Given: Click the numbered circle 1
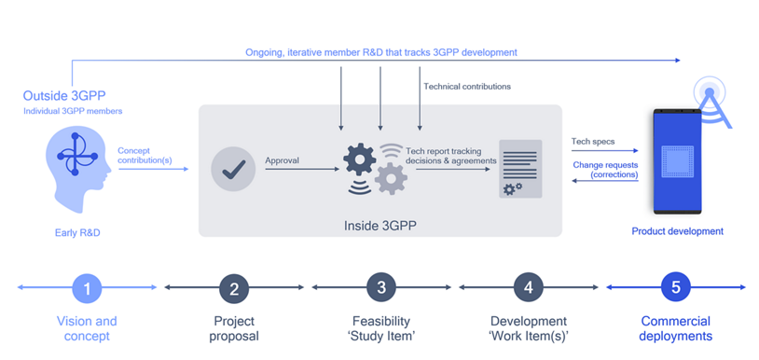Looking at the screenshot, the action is click(87, 287).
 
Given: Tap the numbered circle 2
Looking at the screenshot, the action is click(234, 287).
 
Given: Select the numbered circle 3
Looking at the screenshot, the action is click(381, 287).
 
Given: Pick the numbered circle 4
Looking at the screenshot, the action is click(529, 287).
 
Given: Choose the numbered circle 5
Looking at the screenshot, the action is click(676, 287).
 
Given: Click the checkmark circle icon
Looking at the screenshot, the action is click(234, 170).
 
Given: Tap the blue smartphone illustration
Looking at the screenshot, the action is click(677, 161).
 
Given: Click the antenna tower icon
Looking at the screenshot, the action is click(711, 101).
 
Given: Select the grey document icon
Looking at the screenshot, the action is click(520, 169).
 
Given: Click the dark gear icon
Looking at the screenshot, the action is click(360, 159).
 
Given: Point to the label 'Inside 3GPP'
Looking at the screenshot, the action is click(380, 226).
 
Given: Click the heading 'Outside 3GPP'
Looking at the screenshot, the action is click(64, 95).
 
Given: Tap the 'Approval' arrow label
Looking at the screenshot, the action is click(283, 159).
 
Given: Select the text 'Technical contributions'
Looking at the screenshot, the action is click(467, 87).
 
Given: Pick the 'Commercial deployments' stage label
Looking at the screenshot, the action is click(676, 328).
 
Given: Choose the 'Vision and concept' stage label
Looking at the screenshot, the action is click(87, 328).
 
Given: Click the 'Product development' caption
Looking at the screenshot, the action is click(677, 231).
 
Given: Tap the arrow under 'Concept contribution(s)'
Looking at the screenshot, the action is click(154, 169).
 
